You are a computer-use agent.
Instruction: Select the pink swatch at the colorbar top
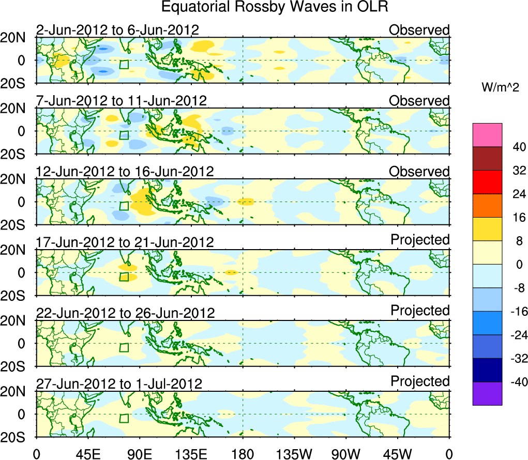click(487, 135)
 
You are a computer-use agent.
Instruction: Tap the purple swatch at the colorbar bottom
click(487, 393)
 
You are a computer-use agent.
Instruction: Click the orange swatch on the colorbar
click(487, 205)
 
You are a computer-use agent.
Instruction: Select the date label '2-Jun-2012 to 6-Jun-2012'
click(117, 30)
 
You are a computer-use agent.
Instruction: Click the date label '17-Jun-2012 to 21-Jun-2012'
click(124, 242)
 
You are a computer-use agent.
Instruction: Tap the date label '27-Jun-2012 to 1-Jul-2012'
click(119, 384)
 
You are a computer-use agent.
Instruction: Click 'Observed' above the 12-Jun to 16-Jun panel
click(419, 171)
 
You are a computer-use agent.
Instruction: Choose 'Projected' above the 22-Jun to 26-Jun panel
click(420, 310)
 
